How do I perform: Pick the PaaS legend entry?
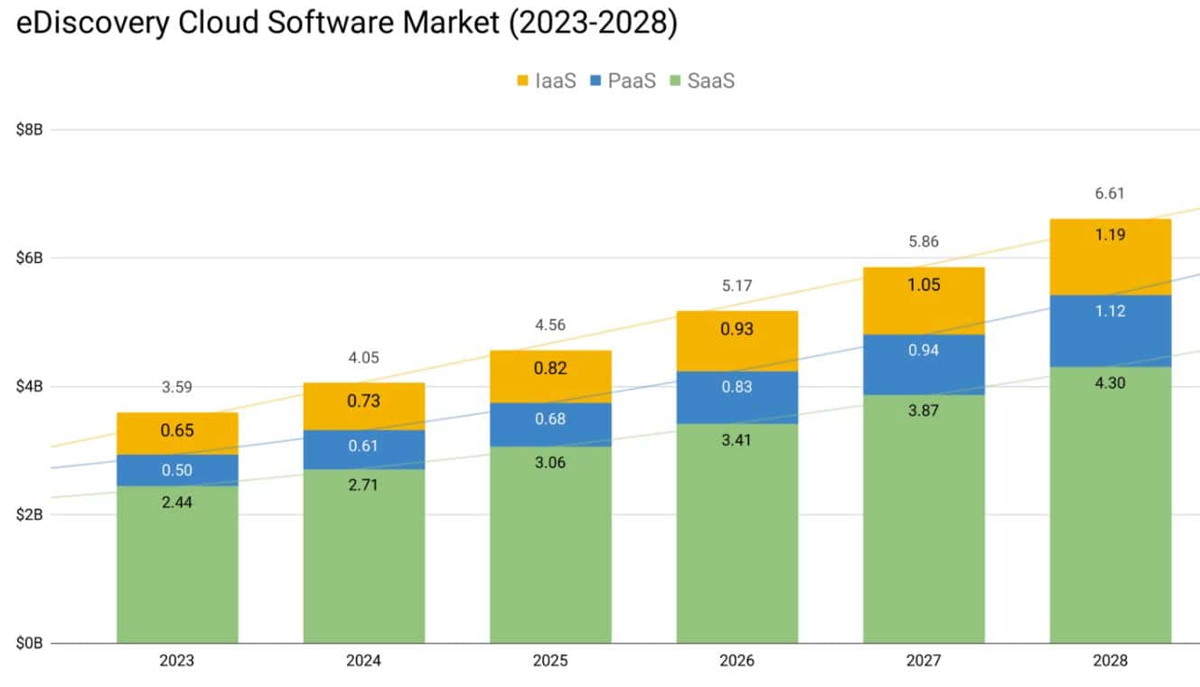coord(622,81)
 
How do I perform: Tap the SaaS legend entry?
coord(701,81)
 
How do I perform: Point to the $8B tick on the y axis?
coord(30,129)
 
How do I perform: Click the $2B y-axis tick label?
coord(30,515)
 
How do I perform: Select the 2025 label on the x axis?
coord(550,661)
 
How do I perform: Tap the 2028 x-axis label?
coord(1110,661)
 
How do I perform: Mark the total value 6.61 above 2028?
coord(1110,193)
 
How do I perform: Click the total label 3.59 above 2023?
coord(177,388)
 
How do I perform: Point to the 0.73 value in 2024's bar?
coord(363,401)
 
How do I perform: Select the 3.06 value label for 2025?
coord(550,463)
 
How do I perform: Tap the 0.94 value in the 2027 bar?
coord(923,350)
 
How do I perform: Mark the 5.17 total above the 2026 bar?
coord(736,286)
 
